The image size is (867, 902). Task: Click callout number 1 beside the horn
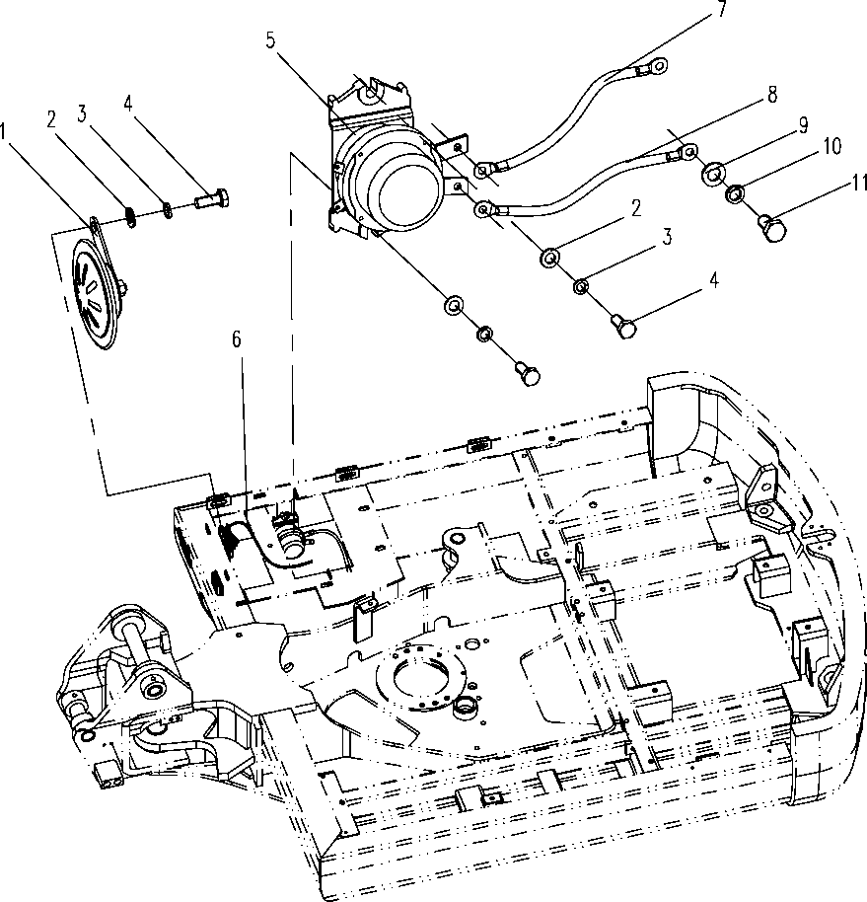3,131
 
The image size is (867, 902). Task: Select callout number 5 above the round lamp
271,40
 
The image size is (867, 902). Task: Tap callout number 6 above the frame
237,339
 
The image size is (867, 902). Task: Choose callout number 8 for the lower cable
772,94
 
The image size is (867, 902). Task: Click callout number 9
803,124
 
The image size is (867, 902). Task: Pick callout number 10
831,146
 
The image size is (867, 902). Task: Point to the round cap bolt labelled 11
773,227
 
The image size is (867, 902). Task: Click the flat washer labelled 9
712,174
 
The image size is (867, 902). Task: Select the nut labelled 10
734,194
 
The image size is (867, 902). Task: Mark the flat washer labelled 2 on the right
550,258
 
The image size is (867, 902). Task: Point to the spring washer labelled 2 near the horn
131,217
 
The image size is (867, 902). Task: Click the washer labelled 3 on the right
581,286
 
